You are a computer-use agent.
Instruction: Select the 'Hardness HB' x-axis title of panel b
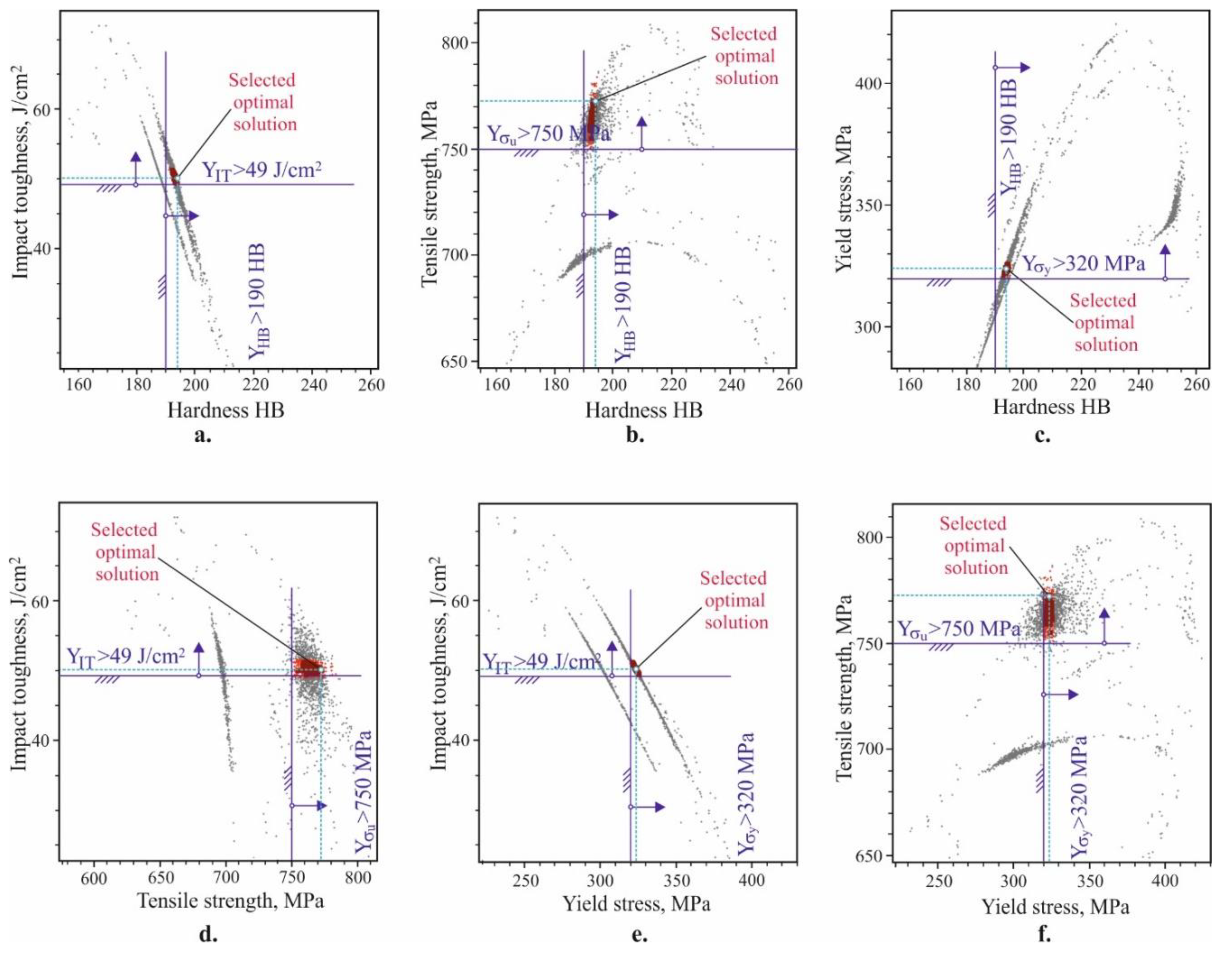tap(644, 410)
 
